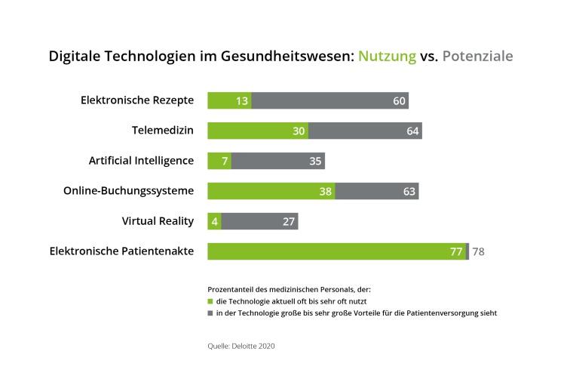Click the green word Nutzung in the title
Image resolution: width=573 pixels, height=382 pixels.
387,56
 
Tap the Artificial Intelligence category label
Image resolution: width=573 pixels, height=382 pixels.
141,161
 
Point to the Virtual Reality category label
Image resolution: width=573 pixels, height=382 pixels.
158,221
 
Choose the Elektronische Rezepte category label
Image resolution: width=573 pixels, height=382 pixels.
137,100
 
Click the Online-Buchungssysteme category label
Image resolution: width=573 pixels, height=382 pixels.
128,191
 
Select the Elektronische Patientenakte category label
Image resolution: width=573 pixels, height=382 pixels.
121,251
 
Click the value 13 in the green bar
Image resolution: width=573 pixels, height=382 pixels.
242,101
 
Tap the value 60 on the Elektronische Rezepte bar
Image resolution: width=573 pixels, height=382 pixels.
399,101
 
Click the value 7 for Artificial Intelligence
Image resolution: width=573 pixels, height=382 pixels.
225,162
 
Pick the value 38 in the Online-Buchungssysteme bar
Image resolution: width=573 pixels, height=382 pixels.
326,192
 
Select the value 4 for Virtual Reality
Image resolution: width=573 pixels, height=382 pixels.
215,222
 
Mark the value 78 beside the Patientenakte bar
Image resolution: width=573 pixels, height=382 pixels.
478,252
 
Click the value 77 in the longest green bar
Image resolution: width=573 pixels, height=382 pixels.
456,252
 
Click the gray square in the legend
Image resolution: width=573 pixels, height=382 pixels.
210,313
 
